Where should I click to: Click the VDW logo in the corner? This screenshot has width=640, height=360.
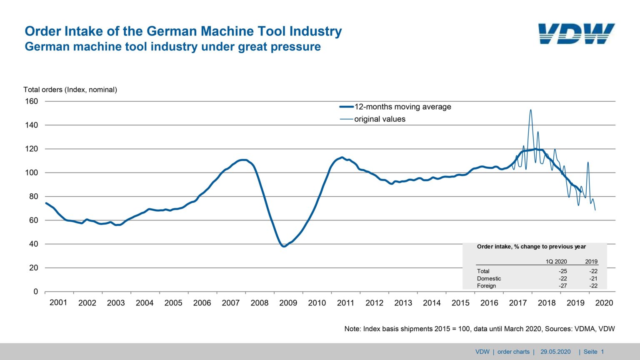tap(576, 34)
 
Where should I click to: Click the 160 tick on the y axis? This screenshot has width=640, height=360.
tap(31, 101)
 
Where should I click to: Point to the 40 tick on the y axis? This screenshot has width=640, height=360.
tap(33, 244)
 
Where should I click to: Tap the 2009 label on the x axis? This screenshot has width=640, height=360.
tap(288, 303)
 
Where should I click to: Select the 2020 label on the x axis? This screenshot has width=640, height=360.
tap(604, 303)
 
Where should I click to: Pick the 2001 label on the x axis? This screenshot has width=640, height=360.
tap(58, 302)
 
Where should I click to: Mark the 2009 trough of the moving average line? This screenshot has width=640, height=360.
tap(284, 246)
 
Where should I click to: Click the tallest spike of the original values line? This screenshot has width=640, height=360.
tap(530, 110)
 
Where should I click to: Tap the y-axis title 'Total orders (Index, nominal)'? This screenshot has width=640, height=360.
tap(70, 90)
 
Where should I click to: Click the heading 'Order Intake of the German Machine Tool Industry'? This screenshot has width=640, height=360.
tap(183, 31)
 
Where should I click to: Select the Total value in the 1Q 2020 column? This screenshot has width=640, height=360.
tap(562, 271)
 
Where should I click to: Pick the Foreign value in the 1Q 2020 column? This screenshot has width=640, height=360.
tap(562, 286)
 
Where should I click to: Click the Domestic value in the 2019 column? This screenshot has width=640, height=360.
tap(593, 279)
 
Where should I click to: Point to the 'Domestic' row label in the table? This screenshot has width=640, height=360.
tap(489, 279)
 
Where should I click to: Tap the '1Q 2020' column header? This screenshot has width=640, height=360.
tap(556, 262)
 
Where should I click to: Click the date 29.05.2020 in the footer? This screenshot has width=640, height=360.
tap(555, 352)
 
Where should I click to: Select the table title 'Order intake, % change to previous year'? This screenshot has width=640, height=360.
tap(531, 247)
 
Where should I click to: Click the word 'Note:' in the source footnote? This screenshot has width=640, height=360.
tap(352, 329)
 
